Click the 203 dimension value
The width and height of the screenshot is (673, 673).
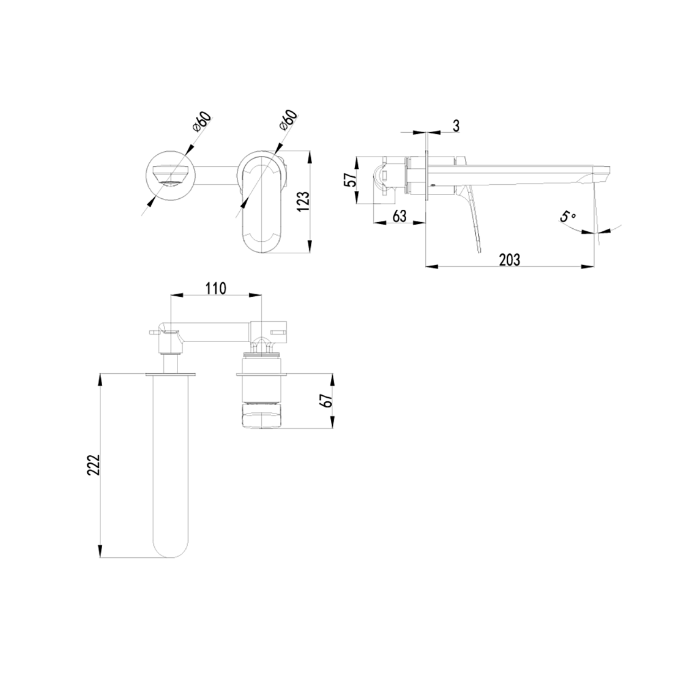[509, 259]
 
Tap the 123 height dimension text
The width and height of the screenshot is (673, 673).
[302, 201]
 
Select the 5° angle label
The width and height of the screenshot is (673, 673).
[567, 217]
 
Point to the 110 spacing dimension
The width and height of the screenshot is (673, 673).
[216, 288]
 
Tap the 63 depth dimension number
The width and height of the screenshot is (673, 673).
[399, 216]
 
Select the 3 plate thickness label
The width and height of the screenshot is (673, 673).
[456, 125]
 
